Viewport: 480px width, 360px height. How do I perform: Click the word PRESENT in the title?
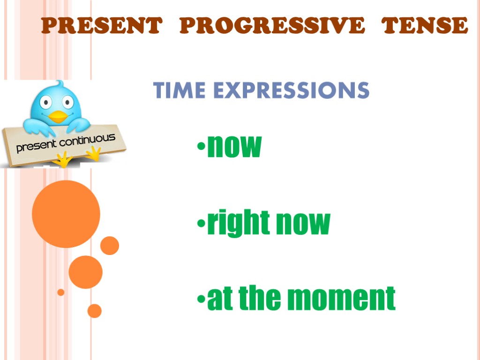coord(101,25)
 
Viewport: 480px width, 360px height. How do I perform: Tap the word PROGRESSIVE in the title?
coord(271,25)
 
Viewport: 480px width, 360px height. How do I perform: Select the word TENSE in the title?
coord(424,25)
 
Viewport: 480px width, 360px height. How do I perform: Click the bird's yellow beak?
coord(58,116)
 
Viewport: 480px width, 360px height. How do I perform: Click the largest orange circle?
coord(66,214)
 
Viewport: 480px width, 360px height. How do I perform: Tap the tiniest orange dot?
coord(60,292)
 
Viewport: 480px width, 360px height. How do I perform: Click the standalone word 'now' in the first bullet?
coord(233,147)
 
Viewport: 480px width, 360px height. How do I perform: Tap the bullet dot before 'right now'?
coord(201,224)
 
